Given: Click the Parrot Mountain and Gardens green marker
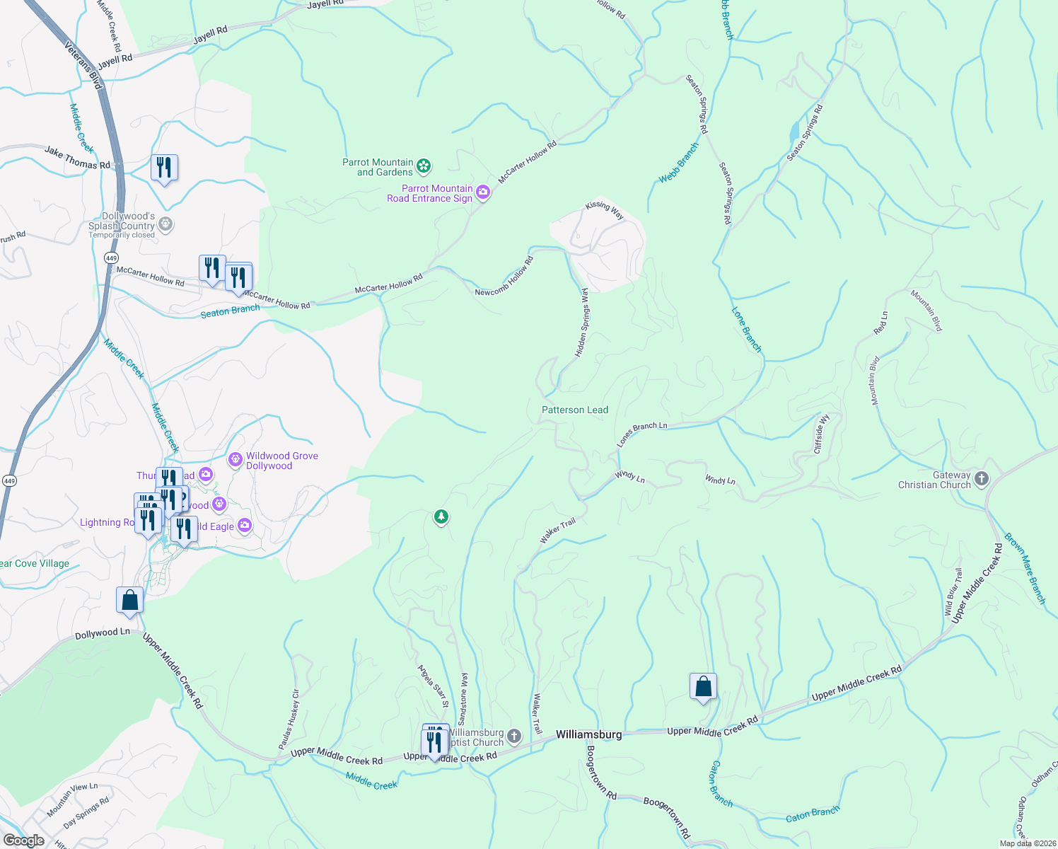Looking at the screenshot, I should (x=424, y=166).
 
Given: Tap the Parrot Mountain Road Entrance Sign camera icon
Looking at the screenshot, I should (x=483, y=192).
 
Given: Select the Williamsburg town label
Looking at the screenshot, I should (x=588, y=734).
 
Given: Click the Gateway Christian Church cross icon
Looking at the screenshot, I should (x=981, y=480).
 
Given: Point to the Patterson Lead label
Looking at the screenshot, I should (x=574, y=410).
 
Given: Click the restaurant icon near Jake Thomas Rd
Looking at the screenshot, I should (x=164, y=168).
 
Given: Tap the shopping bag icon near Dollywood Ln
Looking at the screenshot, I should (x=130, y=600).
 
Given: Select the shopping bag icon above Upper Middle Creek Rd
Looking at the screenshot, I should (x=703, y=686).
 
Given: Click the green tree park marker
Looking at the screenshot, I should (x=441, y=517).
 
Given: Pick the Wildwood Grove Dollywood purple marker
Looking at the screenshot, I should (x=236, y=461).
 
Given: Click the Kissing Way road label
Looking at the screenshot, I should (x=605, y=210).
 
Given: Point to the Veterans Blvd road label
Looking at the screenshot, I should (x=84, y=65).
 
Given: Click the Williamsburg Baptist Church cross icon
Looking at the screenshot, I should (x=514, y=737).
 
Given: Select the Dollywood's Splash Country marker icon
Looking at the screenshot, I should (x=165, y=225).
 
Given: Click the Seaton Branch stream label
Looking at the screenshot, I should (x=230, y=311).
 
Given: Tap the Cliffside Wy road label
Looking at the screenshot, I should (x=821, y=434).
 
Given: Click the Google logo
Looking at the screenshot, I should (x=23, y=840).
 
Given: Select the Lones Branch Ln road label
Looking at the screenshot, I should (x=641, y=434).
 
